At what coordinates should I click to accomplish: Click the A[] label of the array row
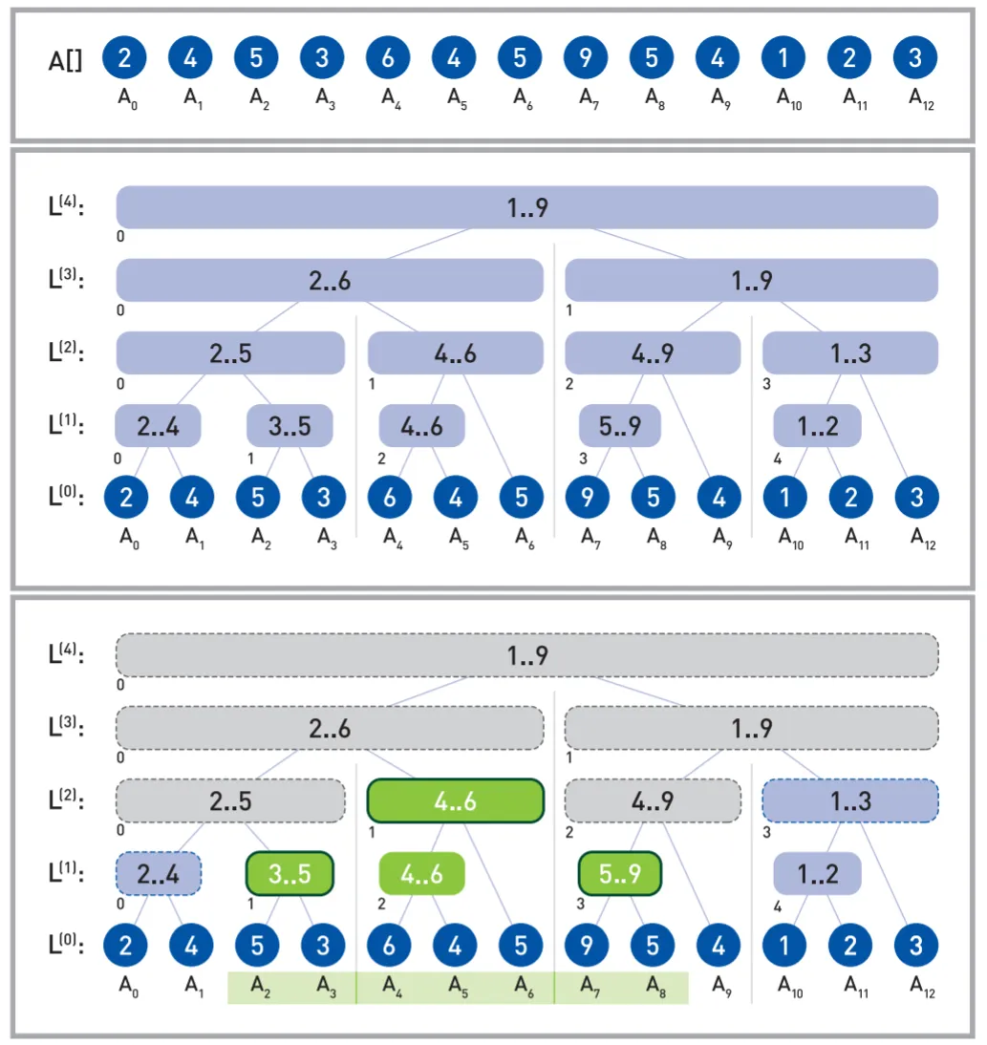click(65, 60)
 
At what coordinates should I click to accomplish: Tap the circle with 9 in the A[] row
click(586, 58)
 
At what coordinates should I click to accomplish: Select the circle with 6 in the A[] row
click(388, 58)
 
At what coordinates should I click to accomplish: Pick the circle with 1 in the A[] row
click(783, 58)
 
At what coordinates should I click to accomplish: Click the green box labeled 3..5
click(290, 873)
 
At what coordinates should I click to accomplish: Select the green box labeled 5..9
click(620, 873)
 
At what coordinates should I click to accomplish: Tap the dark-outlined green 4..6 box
click(455, 800)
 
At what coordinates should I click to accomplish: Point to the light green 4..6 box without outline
click(421, 873)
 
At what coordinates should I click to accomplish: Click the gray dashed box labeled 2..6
click(330, 729)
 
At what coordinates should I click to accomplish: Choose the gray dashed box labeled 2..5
click(230, 800)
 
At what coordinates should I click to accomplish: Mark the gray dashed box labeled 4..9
click(653, 800)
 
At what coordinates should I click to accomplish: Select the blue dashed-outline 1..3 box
click(849, 800)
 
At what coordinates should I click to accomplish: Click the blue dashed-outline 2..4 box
click(159, 873)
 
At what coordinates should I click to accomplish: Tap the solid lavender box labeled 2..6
click(330, 280)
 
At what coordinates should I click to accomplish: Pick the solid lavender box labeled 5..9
click(620, 426)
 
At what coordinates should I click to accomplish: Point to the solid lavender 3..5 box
click(290, 426)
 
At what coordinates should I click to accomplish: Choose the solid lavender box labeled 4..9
click(653, 353)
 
